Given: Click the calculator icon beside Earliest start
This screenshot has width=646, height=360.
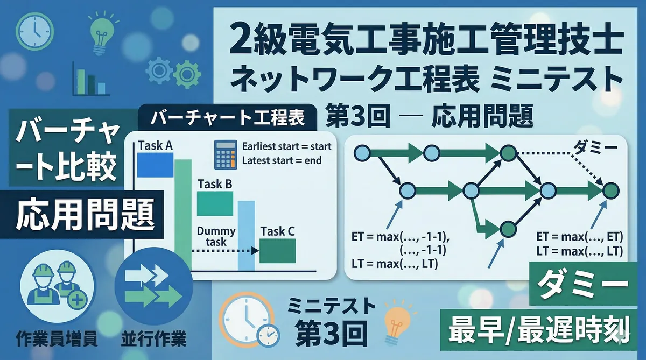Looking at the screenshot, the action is click(226, 155).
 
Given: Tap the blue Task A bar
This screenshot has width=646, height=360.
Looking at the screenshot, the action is click(155, 165).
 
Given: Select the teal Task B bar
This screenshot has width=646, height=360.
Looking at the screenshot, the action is click(215, 203).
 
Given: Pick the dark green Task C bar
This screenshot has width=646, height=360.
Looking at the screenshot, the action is click(278, 251).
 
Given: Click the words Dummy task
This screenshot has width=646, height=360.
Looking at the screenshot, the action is click(216, 236).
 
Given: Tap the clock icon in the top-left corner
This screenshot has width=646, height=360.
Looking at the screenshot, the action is click(34, 31).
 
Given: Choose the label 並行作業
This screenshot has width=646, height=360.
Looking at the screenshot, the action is click(154, 339).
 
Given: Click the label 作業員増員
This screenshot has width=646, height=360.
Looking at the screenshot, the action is click(57, 339).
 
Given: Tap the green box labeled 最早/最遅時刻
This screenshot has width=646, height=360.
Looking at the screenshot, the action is click(539, 330).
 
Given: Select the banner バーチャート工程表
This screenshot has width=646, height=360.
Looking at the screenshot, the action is click(228, 118).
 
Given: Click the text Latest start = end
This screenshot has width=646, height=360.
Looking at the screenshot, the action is click(282, 160).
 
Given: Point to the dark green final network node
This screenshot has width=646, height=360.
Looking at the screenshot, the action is click(611, 190).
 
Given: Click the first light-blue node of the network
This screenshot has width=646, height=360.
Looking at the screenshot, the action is click(362, 153).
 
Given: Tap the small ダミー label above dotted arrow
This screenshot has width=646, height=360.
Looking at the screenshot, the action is click(595, 147).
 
